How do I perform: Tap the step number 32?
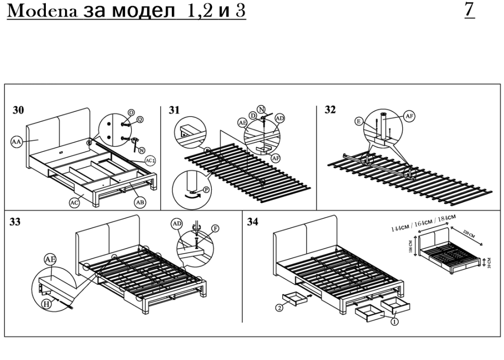pyautogui.click(x=330, y=110)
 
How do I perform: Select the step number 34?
pyautogui.click(x=254, y=222)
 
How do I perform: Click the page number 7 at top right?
pyautogui.click(x=470, y=11)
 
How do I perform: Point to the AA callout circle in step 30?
pyautogui.click(x=17, y=143)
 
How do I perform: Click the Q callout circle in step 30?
pyautogui.click(x=140, y=119)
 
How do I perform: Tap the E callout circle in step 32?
pyautogui.click(x=358, y=121)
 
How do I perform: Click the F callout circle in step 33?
pyautogui.click(x=216, y=228)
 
